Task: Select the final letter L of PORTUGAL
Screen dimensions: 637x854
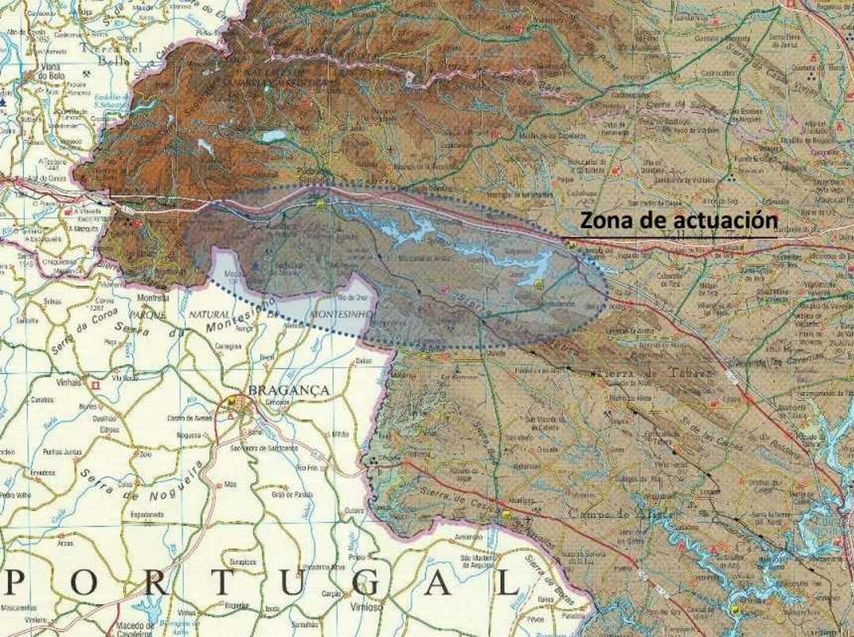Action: click(508, 583)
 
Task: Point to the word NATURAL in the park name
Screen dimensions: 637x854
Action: click(208, 314)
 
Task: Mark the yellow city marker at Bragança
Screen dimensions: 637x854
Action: click(233, 400)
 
